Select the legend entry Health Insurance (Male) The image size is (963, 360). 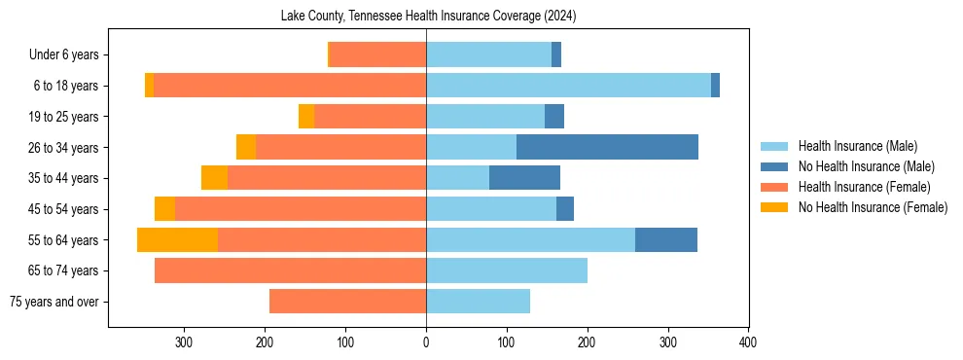point(857,146)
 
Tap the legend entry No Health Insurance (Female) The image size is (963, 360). point(872,207)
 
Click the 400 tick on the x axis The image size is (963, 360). point(748,342)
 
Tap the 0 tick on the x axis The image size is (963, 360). point(426,342)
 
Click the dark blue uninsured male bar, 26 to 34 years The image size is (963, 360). point(607,148)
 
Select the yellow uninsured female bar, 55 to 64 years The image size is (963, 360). point(177,240)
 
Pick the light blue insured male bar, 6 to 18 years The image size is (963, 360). point(568,86)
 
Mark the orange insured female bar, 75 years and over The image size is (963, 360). point(347,302)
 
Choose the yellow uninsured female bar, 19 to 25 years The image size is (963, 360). point(306,117)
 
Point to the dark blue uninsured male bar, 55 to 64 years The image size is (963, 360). point(666,240)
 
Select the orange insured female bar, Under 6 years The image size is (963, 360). point(377,55)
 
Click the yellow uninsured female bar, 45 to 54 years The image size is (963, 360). point(164,209)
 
